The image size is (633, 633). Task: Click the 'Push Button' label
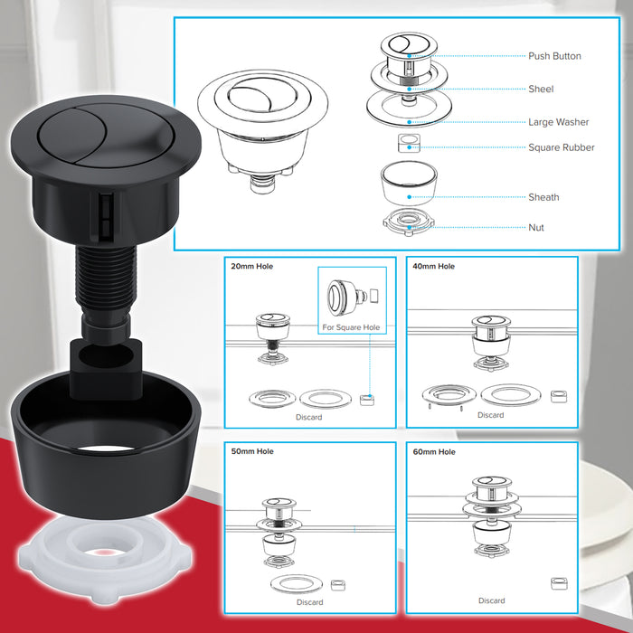[554, 56]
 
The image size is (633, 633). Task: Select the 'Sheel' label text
[541, 90]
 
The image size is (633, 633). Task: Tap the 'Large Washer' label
[558, 122]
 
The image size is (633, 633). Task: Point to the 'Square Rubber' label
[562, 147]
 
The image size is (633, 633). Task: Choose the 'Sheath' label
[543, 197]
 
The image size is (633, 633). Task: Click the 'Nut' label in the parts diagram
[537, 228]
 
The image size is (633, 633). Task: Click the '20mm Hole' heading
[252, 267]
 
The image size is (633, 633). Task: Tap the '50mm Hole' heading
[252, 451]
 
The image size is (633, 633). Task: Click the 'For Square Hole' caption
[351, 326]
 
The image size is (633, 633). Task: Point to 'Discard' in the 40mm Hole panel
[491, 415]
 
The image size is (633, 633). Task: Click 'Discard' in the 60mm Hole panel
[491, 600]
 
